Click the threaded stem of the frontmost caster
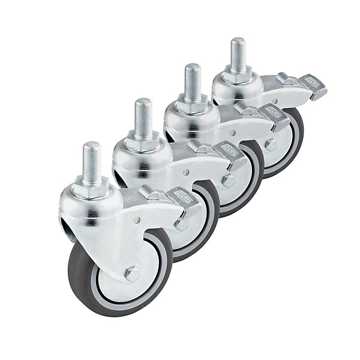pyautogui.click(x=92, y=162)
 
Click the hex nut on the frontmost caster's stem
pyautogui.click(x=92, y=190)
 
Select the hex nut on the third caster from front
pyautogui.click(x=192, y=107)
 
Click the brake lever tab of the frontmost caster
pyautogui.click(x=183, y=196)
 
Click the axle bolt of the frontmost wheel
pyautogui.click(x=133, y=274)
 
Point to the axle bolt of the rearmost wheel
pyautogui.click(x=271, y=145)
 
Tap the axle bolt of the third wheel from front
pyautogui.click(x=228, y=181)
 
